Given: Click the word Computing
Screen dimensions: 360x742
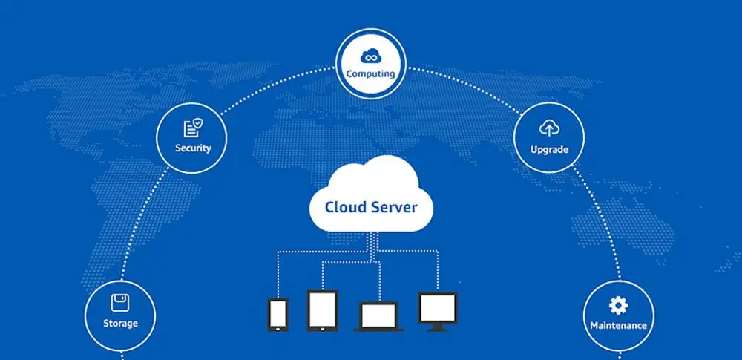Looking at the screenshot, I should (x=370, y=74).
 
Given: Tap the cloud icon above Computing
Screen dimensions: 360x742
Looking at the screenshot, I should (x=370, y=56).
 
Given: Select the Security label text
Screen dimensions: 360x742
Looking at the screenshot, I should (x=193, y=148).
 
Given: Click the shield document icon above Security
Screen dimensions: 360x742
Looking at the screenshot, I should (x=192, y=128).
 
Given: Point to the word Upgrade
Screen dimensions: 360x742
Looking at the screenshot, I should (x=549, y=149).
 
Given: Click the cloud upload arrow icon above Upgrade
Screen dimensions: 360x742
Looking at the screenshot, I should (x=549, y=129).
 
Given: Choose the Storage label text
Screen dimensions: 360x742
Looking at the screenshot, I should (x=120, y=324).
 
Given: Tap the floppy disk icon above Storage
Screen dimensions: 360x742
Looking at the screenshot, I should (x=119, y=303).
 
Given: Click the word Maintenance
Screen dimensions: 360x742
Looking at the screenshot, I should (x=618, y=325).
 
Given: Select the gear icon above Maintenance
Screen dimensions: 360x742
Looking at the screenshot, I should (x=618, y=305).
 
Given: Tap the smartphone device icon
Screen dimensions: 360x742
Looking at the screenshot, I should (x=278, y=314).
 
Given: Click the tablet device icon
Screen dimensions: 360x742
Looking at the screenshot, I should (x=322, y=310).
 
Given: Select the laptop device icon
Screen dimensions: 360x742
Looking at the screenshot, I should (x=381, y=316).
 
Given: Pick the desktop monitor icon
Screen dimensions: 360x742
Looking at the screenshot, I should (x=438, y=308).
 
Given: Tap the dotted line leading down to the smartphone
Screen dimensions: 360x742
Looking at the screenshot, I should (x=278, y=275).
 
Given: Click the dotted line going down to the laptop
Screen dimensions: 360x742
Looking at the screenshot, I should (x=381, y=282).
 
